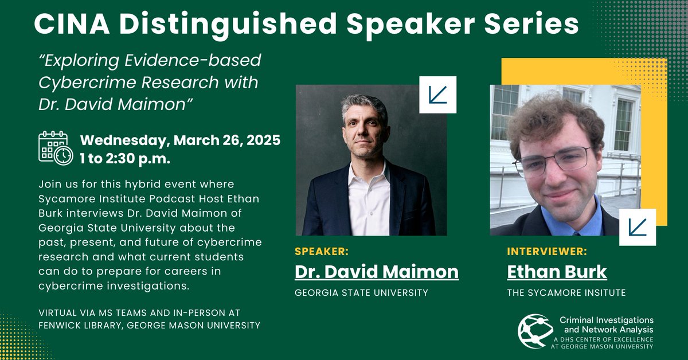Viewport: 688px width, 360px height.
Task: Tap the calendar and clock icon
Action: [x=55, y=148]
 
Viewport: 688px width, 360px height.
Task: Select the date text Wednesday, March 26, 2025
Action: [x=180, y=140]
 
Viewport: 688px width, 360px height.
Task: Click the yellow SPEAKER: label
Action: [x=322, y=251]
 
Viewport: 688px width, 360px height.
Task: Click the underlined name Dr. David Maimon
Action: [x=377, y=271]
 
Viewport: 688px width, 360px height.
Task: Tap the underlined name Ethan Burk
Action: [x=549, y=271]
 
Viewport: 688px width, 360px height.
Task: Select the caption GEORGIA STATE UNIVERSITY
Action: [x=361, y=293]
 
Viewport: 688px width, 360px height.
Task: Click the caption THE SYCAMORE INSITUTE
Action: [x=566, y=293]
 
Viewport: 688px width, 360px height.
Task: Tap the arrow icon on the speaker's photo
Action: [x=438, y=94]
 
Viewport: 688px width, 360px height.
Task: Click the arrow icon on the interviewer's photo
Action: [x=638, y=227]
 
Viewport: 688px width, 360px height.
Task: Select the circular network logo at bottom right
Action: [x=535, y=331]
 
